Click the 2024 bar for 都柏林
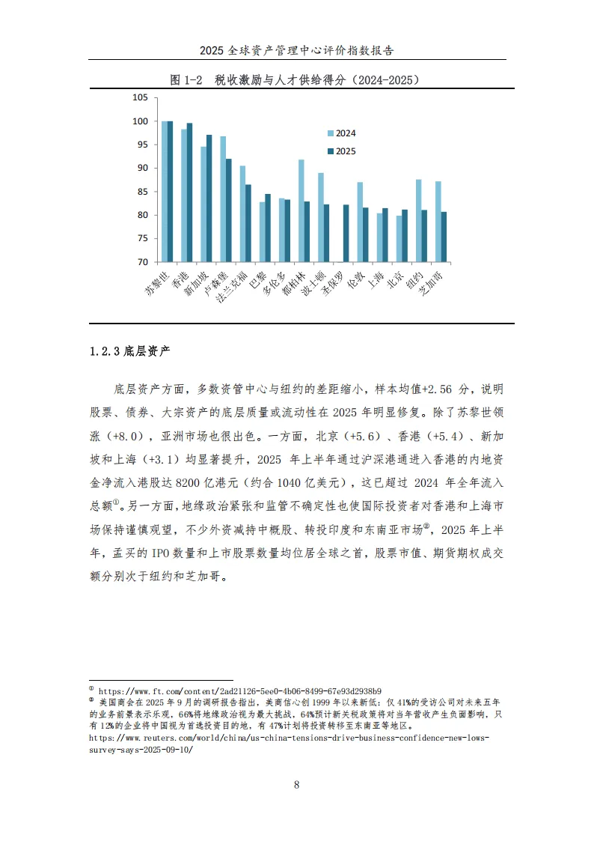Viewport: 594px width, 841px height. [x=301, y=210]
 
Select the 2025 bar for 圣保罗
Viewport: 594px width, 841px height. [x=346, y=233]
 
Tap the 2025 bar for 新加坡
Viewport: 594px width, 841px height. [x=209, y=198]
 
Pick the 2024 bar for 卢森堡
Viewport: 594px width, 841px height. [x=223, y=199]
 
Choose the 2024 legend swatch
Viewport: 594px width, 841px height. [x=330, y=133]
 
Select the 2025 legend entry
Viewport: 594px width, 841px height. [x=345, y=151]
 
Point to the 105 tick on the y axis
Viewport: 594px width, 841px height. [x=140, y=97]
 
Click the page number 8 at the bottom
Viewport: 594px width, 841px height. [x=297, y=785]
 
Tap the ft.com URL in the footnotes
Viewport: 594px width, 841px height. [x=240, y=690]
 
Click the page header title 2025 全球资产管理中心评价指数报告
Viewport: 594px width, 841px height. [x=297, y=51]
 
